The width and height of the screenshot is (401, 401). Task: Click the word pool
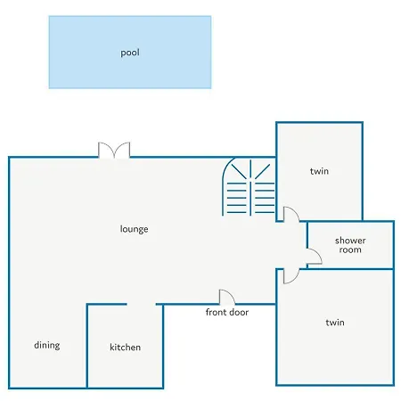coord(130,53)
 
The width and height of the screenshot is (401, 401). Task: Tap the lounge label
coord(134,229)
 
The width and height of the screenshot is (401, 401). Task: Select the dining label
coord(47,345)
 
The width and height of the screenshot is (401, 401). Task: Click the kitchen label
coord(125,347)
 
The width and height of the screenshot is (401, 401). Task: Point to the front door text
coord(227,312)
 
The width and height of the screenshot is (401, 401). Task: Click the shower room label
coord(350,245)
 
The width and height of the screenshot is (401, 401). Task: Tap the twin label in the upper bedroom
coord(319,171)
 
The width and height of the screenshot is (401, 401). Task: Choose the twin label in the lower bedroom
coord(335,323)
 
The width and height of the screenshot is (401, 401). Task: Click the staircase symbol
coord(249,186)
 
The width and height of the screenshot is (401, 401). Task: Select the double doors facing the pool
coord(114,150)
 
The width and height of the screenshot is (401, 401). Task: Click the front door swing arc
coord(227,297)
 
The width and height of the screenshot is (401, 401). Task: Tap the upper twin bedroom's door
coord(291,214)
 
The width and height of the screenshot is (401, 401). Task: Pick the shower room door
coord(315,257)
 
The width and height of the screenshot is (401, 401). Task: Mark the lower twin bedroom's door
coord(291,276)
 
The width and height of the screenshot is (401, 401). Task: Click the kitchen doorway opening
coord(142,304)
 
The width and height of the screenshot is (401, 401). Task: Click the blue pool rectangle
coord(130,53)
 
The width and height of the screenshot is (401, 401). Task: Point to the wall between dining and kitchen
coord(87,346)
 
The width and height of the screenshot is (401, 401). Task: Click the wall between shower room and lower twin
coord(350,269)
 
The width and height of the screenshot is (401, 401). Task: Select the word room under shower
coord(350,250)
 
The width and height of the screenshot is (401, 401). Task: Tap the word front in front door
coord(216,312)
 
